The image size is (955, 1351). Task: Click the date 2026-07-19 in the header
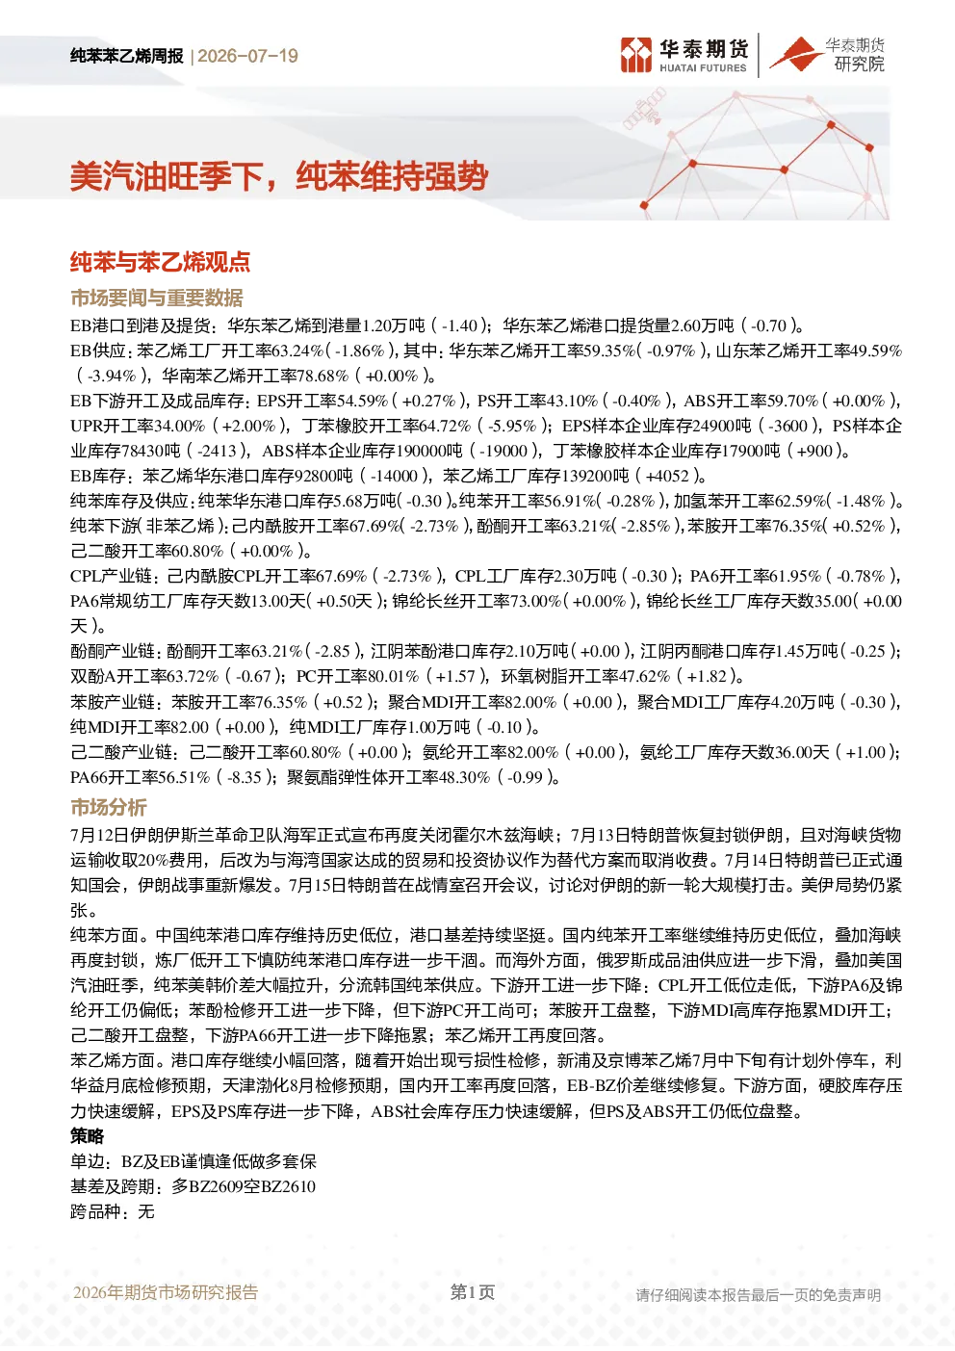tap(247, 56)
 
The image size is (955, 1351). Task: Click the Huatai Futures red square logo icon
tap(636, 55)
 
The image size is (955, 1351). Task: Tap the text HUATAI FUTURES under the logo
tap(703, 68)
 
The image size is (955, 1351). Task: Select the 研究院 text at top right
tap(859, 64)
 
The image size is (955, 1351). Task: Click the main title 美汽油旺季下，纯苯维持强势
tap(279, 177)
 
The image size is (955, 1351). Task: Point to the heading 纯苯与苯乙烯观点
tap(161, 262)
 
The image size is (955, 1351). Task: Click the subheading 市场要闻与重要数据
tap(157, 298)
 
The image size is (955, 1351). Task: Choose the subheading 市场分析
tap(109, 807)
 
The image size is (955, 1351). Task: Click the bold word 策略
tap(88, 1136)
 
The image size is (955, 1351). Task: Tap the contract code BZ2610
tap(288, 1187)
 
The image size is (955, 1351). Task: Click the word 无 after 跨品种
tap(146, 1212)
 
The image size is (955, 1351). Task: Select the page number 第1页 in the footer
tap(473, 1292)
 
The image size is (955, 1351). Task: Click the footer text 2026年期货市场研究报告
tap(166, 1292)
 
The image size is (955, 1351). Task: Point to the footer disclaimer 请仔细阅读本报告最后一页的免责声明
tap(758, 1295)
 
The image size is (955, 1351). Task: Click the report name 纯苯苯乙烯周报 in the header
tap(127, 56)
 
